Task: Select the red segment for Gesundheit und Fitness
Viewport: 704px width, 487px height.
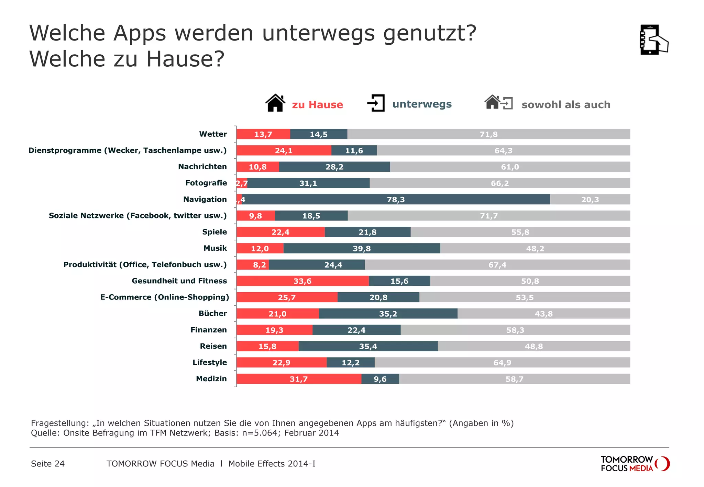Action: (x=302, y=281)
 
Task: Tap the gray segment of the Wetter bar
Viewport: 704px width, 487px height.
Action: (x=488, y=134)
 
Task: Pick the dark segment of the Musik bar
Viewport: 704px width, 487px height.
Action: (x=362, y=248)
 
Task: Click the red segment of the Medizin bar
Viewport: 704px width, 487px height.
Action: (x=298, y=379)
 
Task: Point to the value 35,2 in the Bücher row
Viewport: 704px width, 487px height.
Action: (x=388, y=314)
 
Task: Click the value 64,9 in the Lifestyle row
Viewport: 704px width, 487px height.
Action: (x=502, y=363)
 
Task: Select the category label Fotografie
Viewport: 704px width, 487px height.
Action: (x=206, y=183)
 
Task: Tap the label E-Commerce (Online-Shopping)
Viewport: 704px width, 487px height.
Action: (x=164, y=297)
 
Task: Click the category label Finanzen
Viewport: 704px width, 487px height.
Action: (x=209, y=330)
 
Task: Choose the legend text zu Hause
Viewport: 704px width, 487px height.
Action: (x=317, y=104)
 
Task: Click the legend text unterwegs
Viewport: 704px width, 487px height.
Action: (x=422, y=104)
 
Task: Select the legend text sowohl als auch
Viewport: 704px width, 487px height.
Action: (x=566, y=104)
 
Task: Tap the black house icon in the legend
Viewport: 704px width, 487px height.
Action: (x=275, y=103)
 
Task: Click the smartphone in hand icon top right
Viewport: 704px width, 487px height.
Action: (x=653, y=40)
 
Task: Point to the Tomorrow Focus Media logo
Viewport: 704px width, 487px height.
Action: (x=635, y=464)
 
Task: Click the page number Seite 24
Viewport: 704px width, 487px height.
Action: (x=48, y=464)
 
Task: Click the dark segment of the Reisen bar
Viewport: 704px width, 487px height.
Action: (x=368, y=346)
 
